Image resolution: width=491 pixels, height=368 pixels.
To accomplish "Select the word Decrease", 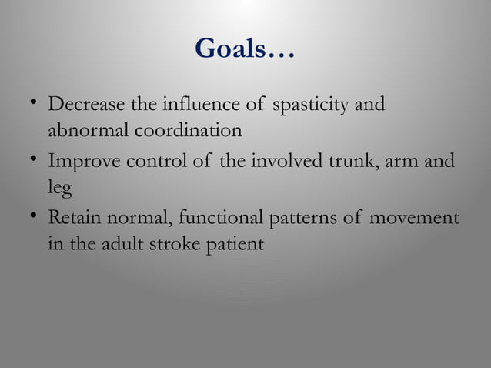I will (x=82, y=104).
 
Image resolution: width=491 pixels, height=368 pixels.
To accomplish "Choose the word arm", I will (x=408, y=162).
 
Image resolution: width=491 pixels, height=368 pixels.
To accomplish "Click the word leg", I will (x=59, y=190).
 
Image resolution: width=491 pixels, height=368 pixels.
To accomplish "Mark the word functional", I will (x=219, y=219).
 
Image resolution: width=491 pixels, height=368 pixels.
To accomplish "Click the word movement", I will (x=414, y=219).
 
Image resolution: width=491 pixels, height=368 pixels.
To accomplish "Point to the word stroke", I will (x=181, y=246).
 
